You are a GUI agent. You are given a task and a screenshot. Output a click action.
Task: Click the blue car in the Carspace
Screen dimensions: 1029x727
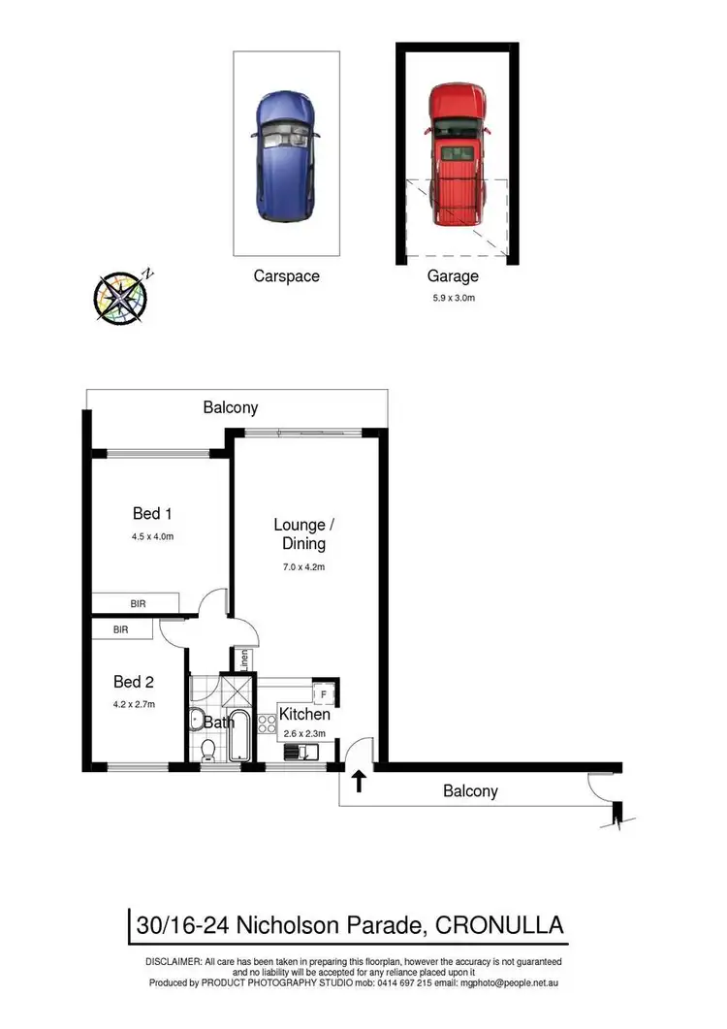[286, 157]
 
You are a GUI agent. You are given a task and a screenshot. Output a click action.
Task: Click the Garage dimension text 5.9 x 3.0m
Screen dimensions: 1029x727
[454, 298]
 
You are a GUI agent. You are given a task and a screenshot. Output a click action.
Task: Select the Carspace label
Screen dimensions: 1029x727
[286, 276]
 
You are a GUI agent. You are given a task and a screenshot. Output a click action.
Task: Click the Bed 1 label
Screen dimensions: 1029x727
[151, 513]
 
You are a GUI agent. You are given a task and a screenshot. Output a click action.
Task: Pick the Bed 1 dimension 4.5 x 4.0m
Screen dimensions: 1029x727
[152, 535]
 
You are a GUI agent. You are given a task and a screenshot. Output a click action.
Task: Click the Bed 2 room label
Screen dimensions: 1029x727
[134, 681]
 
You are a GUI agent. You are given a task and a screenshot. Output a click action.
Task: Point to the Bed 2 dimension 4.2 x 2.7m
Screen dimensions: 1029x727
[134, 703]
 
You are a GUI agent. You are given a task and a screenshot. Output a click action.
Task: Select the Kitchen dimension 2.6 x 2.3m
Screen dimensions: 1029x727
[305, 733]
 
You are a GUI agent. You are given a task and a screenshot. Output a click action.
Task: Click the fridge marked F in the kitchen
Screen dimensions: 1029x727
[324, 694]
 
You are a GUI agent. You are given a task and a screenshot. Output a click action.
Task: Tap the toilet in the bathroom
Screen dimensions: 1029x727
[205, 750]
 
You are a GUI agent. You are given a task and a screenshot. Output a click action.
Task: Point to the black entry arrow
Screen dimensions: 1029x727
[360, 781]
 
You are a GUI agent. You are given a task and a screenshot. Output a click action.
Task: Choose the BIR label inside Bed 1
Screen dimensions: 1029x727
[138, 604]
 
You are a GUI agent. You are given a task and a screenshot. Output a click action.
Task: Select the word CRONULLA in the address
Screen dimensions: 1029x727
[501, 925]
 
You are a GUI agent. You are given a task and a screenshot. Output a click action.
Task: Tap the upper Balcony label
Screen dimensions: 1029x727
[231, 407]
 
